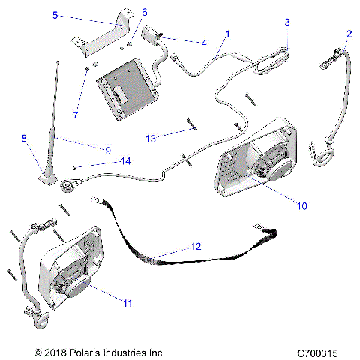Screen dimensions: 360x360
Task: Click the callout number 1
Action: pos(227,34)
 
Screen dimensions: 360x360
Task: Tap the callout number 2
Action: pos(349,34)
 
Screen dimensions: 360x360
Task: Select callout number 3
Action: pos(286,23)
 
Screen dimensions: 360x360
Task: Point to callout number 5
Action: pos(76,14)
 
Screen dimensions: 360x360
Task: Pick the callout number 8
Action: pos(24,138)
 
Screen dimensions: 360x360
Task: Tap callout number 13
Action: pos(151,139)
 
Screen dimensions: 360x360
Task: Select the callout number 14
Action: pos(125,161)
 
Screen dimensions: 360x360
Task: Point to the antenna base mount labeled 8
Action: pos(47,175)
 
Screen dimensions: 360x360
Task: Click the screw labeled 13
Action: pos(190,124)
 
